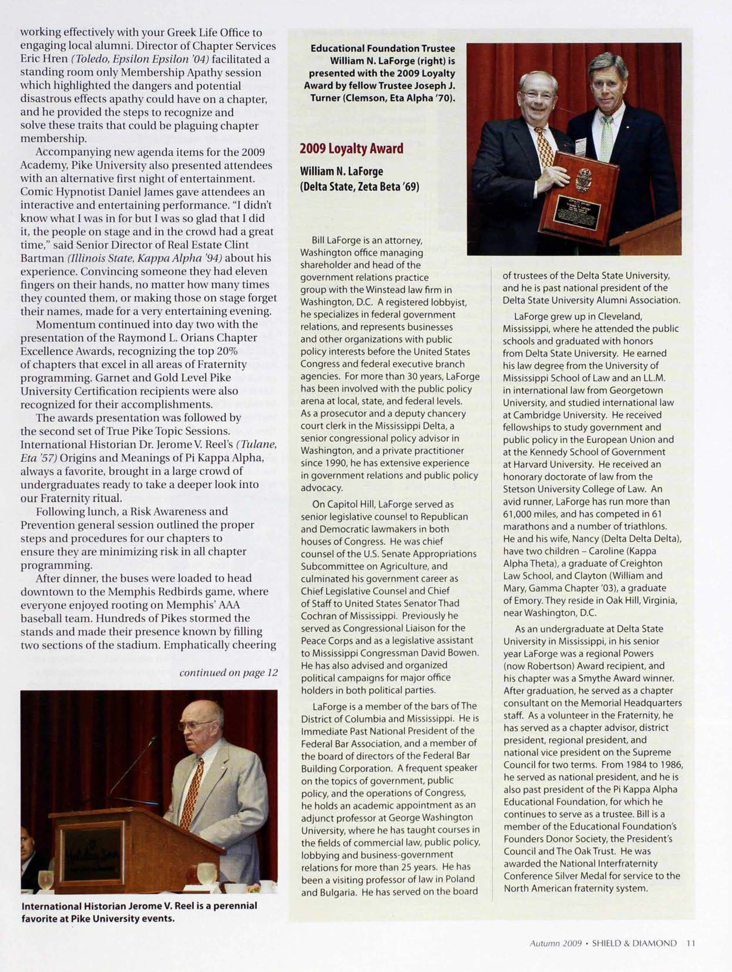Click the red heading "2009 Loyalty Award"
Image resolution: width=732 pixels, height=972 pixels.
click(x=351, y=148)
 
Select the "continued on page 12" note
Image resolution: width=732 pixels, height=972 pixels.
click(x=228, y=673)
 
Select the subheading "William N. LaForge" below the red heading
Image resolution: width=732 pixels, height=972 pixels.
click(x=342, y=171)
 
